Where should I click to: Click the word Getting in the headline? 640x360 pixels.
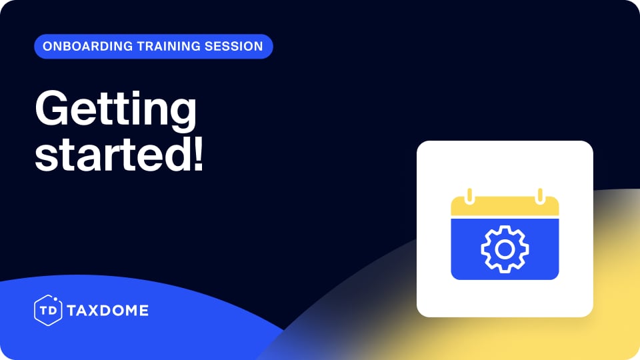(115, 111)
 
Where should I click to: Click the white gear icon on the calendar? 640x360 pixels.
(505, 249)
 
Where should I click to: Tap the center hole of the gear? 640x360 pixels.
(505, 249)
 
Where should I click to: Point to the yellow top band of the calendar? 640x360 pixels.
(505, 207)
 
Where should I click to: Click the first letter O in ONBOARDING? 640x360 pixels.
(47, 47)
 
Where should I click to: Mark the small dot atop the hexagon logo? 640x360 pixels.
(55, 298)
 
